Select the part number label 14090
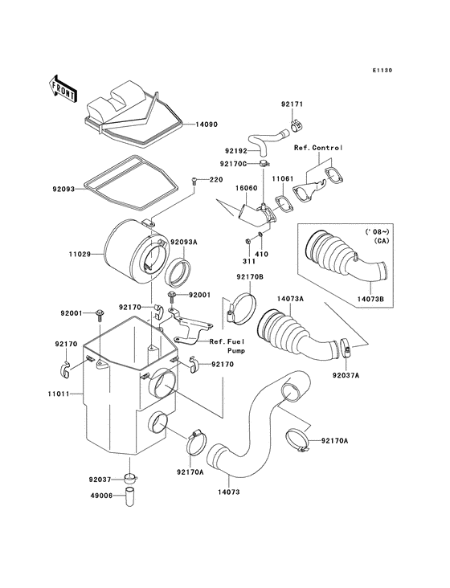click(208, 125)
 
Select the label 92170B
click(249, 276)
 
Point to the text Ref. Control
click(318, 148)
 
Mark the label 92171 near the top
click(292, 105)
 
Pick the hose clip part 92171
click(297, 125)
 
